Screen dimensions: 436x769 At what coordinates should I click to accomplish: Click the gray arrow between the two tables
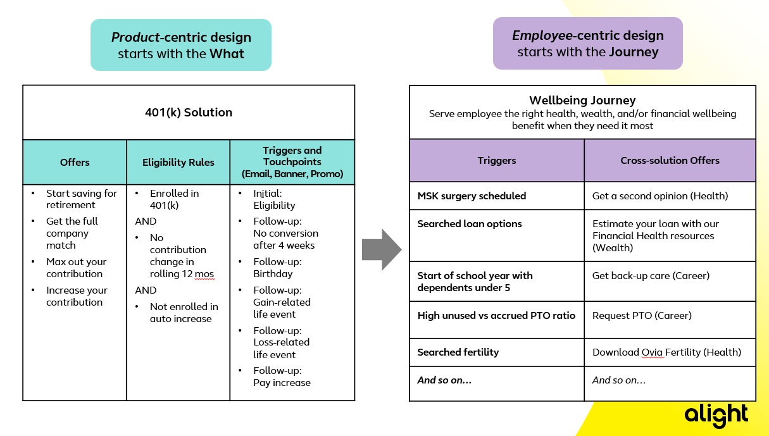381,249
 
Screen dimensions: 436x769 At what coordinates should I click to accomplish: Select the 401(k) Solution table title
189,113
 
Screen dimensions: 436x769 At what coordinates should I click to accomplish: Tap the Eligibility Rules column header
178,162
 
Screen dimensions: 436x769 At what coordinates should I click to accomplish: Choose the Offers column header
75,162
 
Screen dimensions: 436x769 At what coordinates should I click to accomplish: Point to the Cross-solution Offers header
670,160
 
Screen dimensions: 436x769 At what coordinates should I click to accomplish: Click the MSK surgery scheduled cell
472,196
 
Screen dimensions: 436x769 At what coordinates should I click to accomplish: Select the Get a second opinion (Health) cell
660,196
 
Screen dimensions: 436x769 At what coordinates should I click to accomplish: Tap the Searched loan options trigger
470,223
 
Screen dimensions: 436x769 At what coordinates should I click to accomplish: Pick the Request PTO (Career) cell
642,315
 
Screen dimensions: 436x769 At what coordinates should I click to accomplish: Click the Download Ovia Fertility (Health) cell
666,352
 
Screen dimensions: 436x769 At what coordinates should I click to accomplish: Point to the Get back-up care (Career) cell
651,276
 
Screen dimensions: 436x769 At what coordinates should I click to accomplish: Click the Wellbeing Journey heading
582,100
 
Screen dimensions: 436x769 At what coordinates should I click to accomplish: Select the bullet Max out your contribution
76,268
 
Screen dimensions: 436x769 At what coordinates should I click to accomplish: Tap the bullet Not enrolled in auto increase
184,313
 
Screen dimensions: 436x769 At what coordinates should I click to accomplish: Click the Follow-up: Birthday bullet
277,268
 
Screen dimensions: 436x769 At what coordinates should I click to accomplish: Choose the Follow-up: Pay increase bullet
282,377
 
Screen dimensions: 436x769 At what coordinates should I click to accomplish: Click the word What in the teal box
227,54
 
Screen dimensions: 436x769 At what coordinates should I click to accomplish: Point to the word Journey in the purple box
634,52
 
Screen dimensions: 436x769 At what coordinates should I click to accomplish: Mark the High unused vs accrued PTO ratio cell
496,315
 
